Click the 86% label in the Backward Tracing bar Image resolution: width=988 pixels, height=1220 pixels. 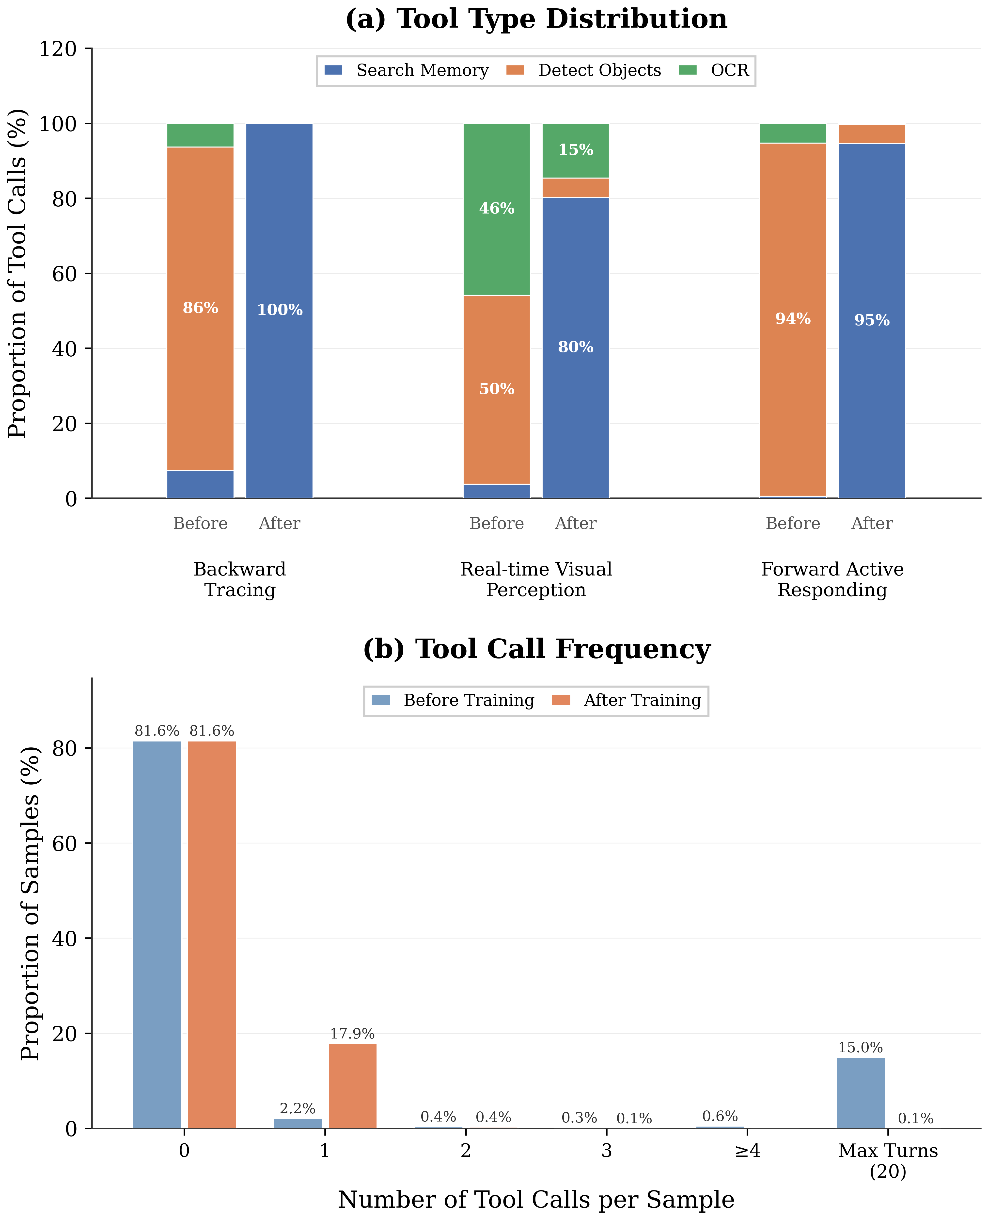(200, 308)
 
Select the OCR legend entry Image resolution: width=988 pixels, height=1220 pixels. (714, 71)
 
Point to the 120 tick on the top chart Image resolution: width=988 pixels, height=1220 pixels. (58, 49)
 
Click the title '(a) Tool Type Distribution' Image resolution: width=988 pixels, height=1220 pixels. (536, 19)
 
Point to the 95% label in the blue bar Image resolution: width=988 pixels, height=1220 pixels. (871, 320)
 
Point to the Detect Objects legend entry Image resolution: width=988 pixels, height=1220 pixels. (584, 71)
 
